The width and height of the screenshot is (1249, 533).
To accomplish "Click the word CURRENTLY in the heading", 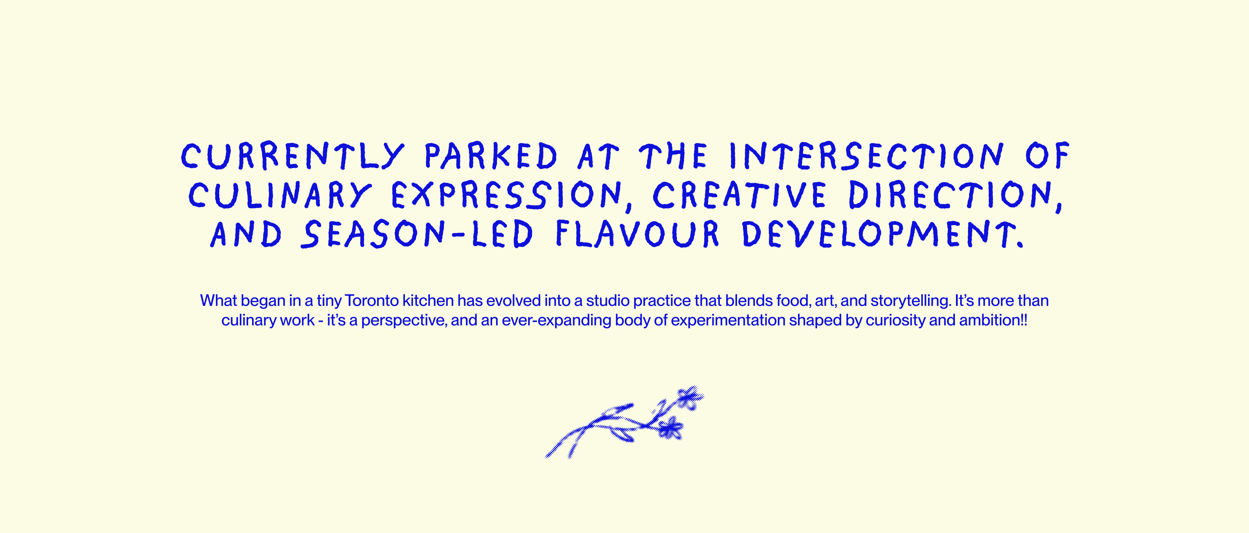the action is pyautogui.click(x=292, y=156).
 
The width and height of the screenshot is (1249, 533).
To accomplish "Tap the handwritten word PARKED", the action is pyautogui.click(x=491, y=156).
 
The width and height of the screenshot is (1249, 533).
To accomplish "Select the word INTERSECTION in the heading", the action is pyautogui.click(x=866, y=156).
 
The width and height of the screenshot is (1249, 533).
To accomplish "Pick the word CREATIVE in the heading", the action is pyautogui.click(x=739, y=195).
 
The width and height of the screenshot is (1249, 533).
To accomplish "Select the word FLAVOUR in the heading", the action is pyautogui.click(x=638, y=234).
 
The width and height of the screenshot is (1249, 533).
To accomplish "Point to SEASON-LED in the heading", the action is pyautogui.click(x=417, y=234).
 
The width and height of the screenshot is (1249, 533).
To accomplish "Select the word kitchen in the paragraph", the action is pyautogui.click(x=428, y=301).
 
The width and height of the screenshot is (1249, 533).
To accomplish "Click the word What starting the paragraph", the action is pyautogui.click(x=218, y=301).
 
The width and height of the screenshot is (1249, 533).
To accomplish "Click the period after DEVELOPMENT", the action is pyautogui.click(x=1020, y=245).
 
